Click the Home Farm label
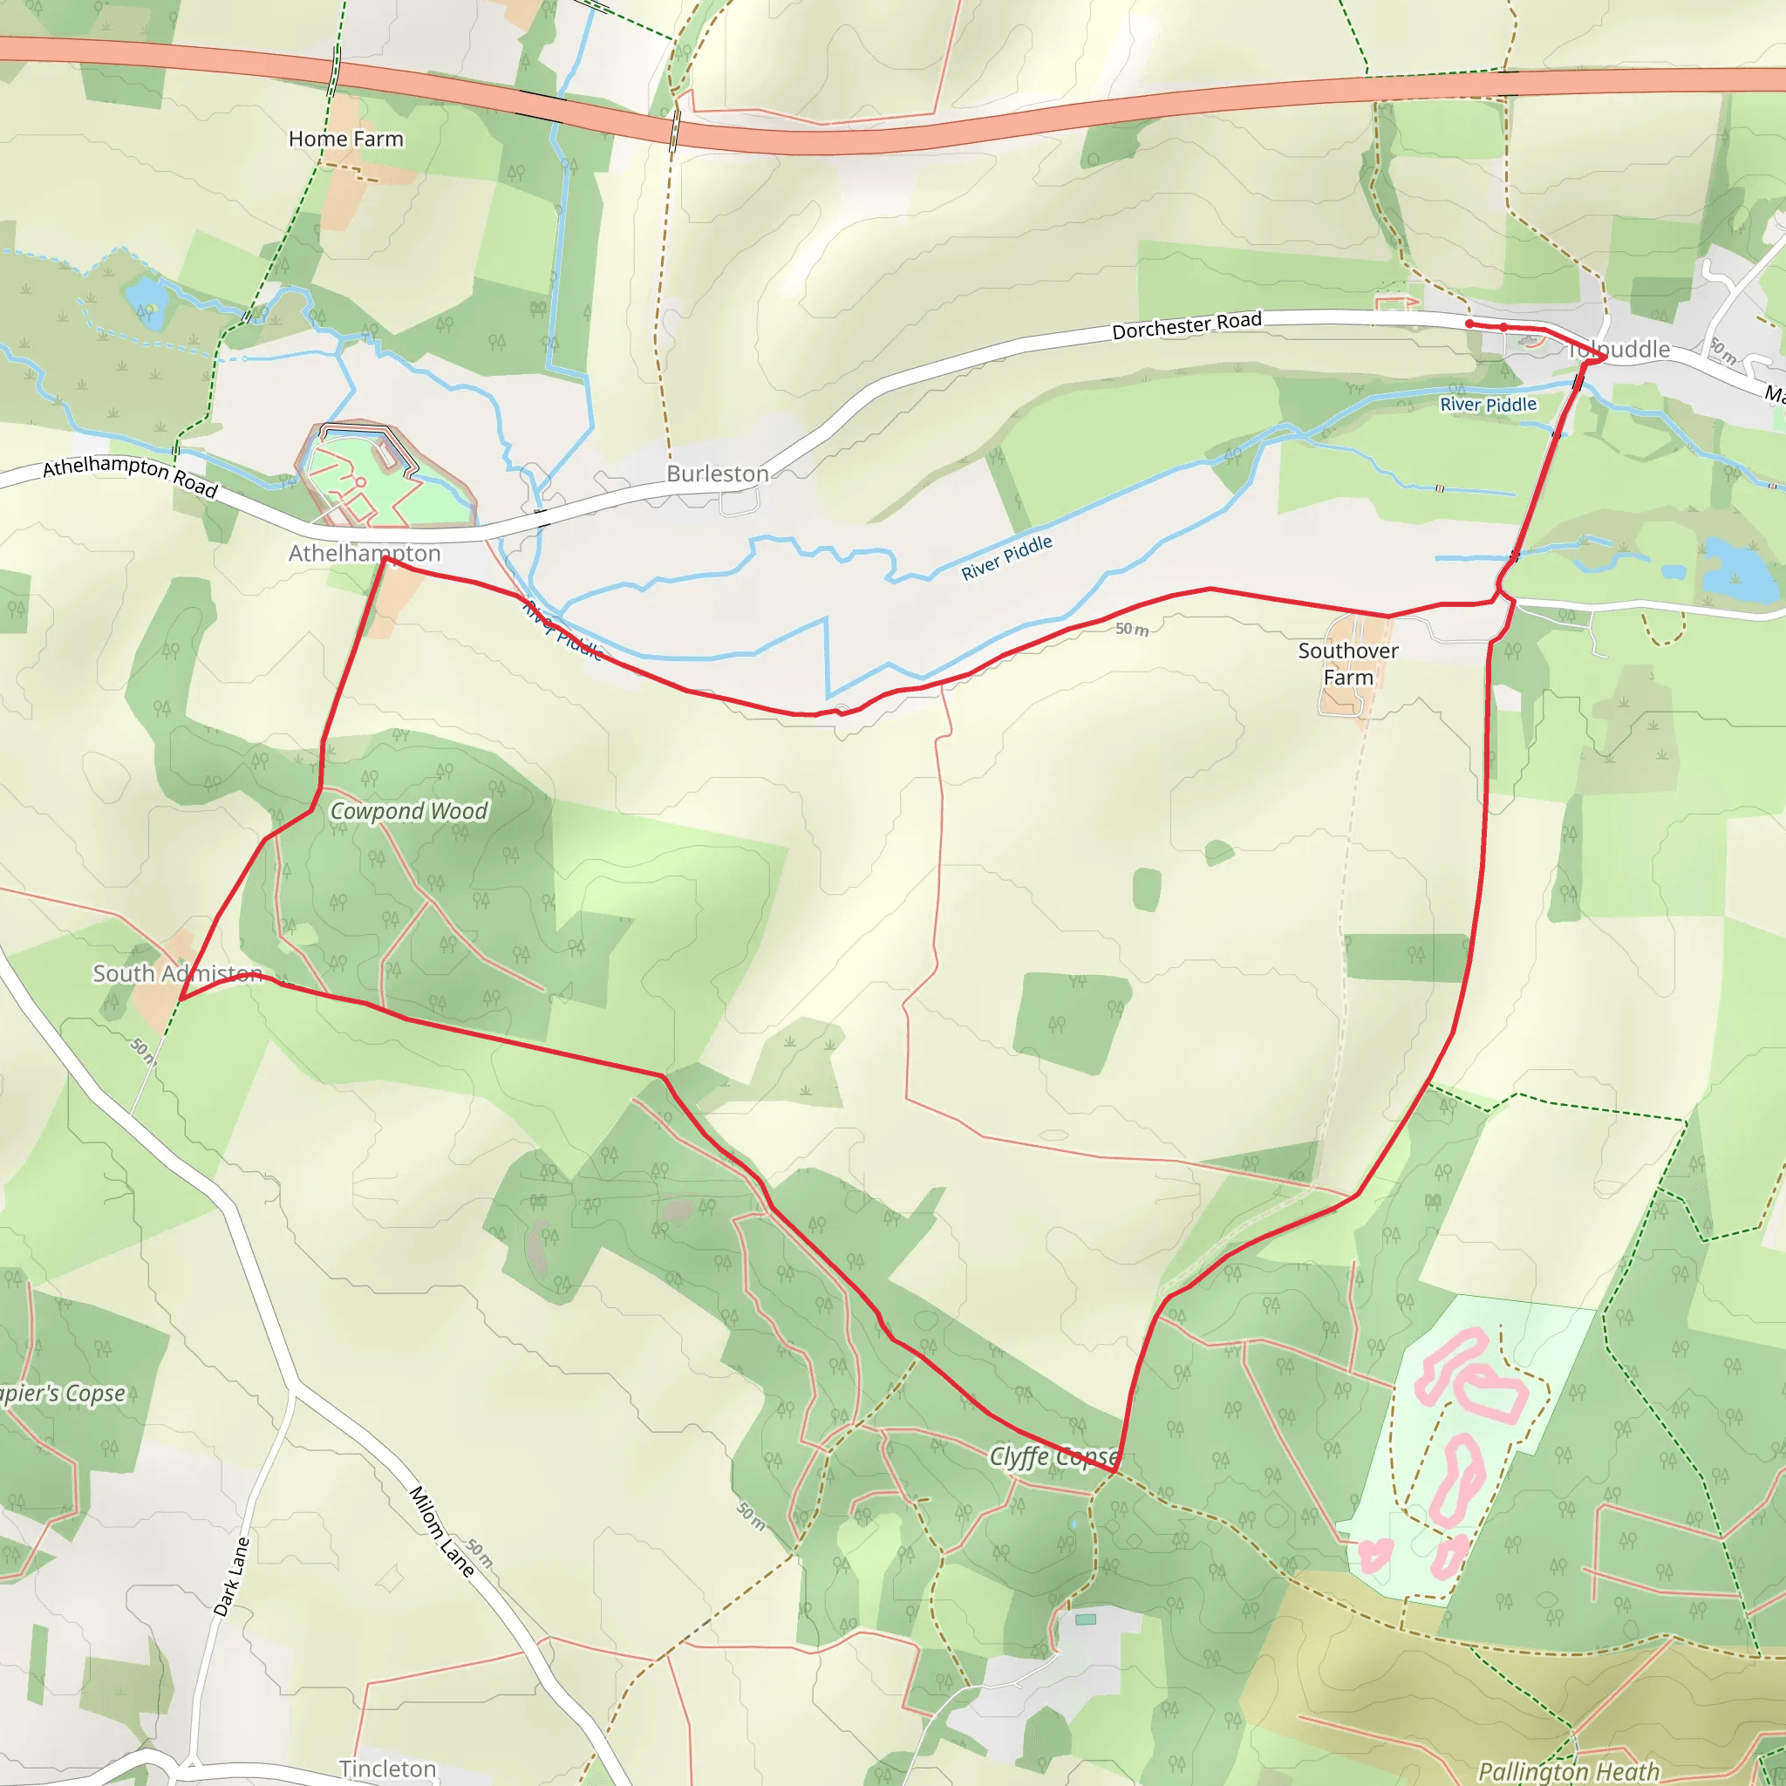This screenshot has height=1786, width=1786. [x=345, y=139]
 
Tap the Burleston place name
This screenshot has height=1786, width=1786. [x=718, y=474]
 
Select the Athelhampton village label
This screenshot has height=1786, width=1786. [x=365, y=553]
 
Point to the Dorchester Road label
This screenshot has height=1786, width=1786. [x=1186, y=325]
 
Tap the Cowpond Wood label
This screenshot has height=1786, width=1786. [x=409, y=811]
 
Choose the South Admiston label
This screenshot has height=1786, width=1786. [x=178, y=973]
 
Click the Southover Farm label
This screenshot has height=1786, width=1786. [x=1348, y=664]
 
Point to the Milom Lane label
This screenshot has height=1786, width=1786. [x=442, y=1530]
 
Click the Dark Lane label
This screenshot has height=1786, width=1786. [x=231, y=1576]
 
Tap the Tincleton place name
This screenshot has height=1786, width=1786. [x=387, y=1769]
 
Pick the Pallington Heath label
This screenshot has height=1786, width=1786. [x=1568, y=1770]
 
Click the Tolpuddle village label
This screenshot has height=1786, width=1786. [x=1619, y=350]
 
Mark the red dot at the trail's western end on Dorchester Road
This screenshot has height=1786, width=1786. [x=1469, y=324]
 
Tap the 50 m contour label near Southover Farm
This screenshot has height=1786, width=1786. [x=1131, y=630]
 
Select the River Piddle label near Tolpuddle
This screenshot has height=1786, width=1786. [x=1489, y=404]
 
